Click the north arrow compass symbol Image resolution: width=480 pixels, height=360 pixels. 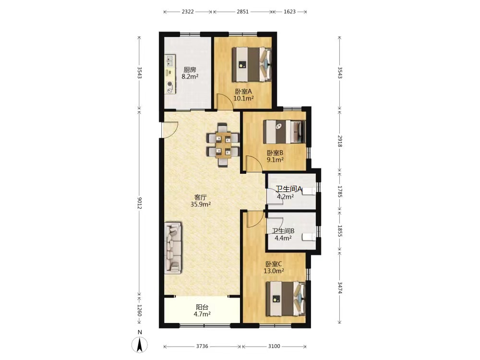tap(140, 345)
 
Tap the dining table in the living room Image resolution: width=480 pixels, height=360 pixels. tap(223, 145)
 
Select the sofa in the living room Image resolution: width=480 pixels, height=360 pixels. tap(173, 248)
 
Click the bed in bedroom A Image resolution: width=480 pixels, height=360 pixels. tap(252, 64)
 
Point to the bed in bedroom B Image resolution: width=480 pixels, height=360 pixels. tap(284, 132)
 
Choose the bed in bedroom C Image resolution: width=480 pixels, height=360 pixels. tap(286, 299)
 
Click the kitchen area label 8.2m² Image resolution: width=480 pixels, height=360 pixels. tap(190, 76)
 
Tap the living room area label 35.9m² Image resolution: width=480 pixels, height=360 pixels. tap(201, 204)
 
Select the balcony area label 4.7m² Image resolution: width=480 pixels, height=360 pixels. tap(202, 314)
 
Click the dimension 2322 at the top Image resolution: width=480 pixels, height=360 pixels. tap(188, 12)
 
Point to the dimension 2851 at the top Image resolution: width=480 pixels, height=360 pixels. tap(243, 12)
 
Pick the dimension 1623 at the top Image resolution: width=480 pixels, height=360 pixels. tap(289, 12)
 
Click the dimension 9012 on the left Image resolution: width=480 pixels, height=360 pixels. tap(139, 203)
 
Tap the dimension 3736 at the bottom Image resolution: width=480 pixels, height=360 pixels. tap(202, 346)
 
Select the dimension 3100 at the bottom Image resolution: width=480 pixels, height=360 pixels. tap(274, 346)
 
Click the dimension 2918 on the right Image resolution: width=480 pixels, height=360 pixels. tap(339, 141)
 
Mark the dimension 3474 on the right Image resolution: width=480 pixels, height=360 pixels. tap(339, 288)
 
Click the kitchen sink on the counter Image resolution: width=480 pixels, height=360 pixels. tap(170, 60)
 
